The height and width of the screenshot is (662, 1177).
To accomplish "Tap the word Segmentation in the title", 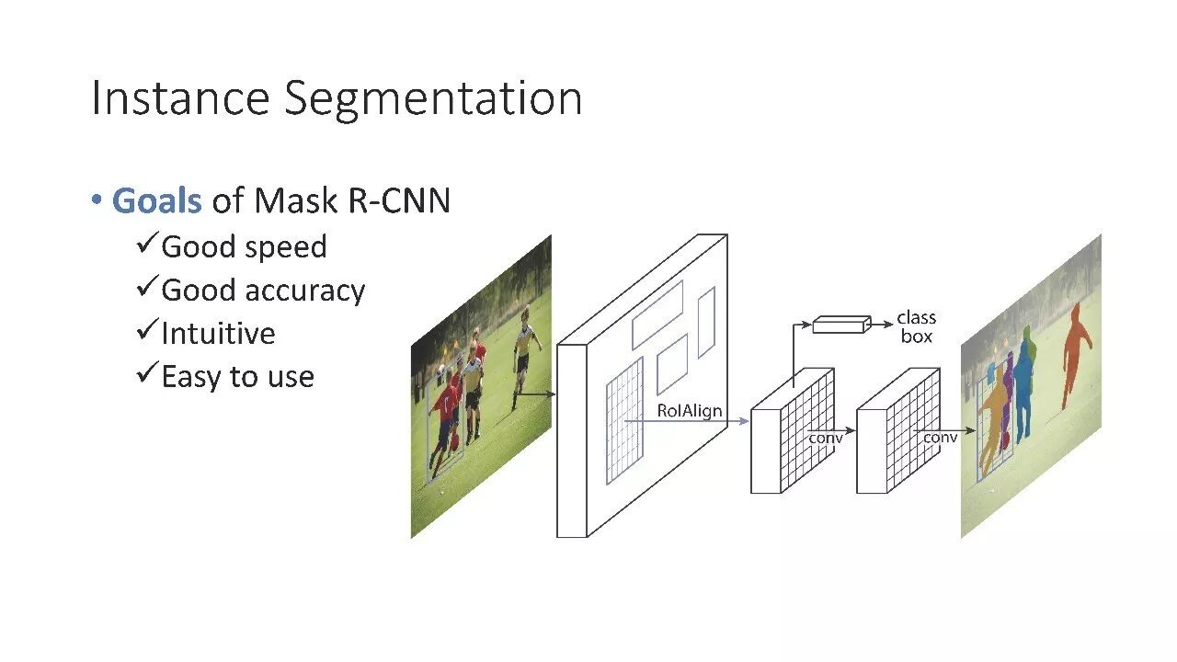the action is (433, 99).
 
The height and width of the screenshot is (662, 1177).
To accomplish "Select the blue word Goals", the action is (156, 200).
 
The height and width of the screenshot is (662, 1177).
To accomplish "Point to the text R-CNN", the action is (400, 200).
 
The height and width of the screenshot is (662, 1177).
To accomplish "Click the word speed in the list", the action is (285, 247).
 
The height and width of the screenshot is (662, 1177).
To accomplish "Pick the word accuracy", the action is (304, 291).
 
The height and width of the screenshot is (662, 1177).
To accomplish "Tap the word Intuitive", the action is (218, 333).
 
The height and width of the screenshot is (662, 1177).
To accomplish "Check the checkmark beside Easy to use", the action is (147, 374).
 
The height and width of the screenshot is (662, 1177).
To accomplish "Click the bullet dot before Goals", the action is (96, 200).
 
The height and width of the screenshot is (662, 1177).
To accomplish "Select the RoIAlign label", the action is (690, 411).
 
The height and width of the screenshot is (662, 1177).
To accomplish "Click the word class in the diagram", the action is (916, 318).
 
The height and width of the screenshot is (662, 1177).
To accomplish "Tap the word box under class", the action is (916, 337).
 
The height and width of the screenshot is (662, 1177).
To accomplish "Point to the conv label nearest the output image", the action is (940, 438).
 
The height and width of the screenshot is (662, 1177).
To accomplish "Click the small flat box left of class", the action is (840, 324).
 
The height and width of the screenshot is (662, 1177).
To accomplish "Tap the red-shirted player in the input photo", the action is (445, 414).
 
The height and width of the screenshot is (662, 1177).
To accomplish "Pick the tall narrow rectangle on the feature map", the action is (706, 322).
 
